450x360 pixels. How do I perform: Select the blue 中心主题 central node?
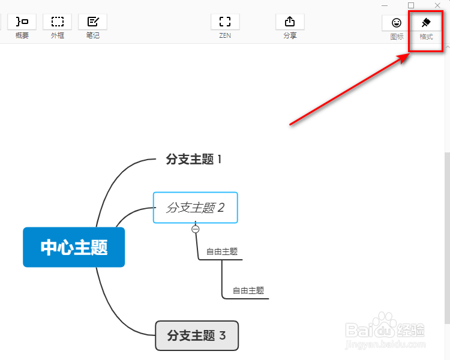coord(74,247)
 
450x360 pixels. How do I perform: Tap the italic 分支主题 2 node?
coord(196,208)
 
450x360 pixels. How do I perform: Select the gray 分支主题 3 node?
coord(197,335)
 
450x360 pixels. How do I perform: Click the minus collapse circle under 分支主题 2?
coord(195,229)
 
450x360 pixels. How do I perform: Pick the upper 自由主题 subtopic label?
coord(222,251)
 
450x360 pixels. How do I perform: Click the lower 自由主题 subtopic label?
coord(248,290)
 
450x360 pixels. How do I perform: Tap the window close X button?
coord(437,5)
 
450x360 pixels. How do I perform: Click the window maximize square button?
coord(411,5)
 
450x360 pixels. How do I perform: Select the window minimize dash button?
coord(385,5)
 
